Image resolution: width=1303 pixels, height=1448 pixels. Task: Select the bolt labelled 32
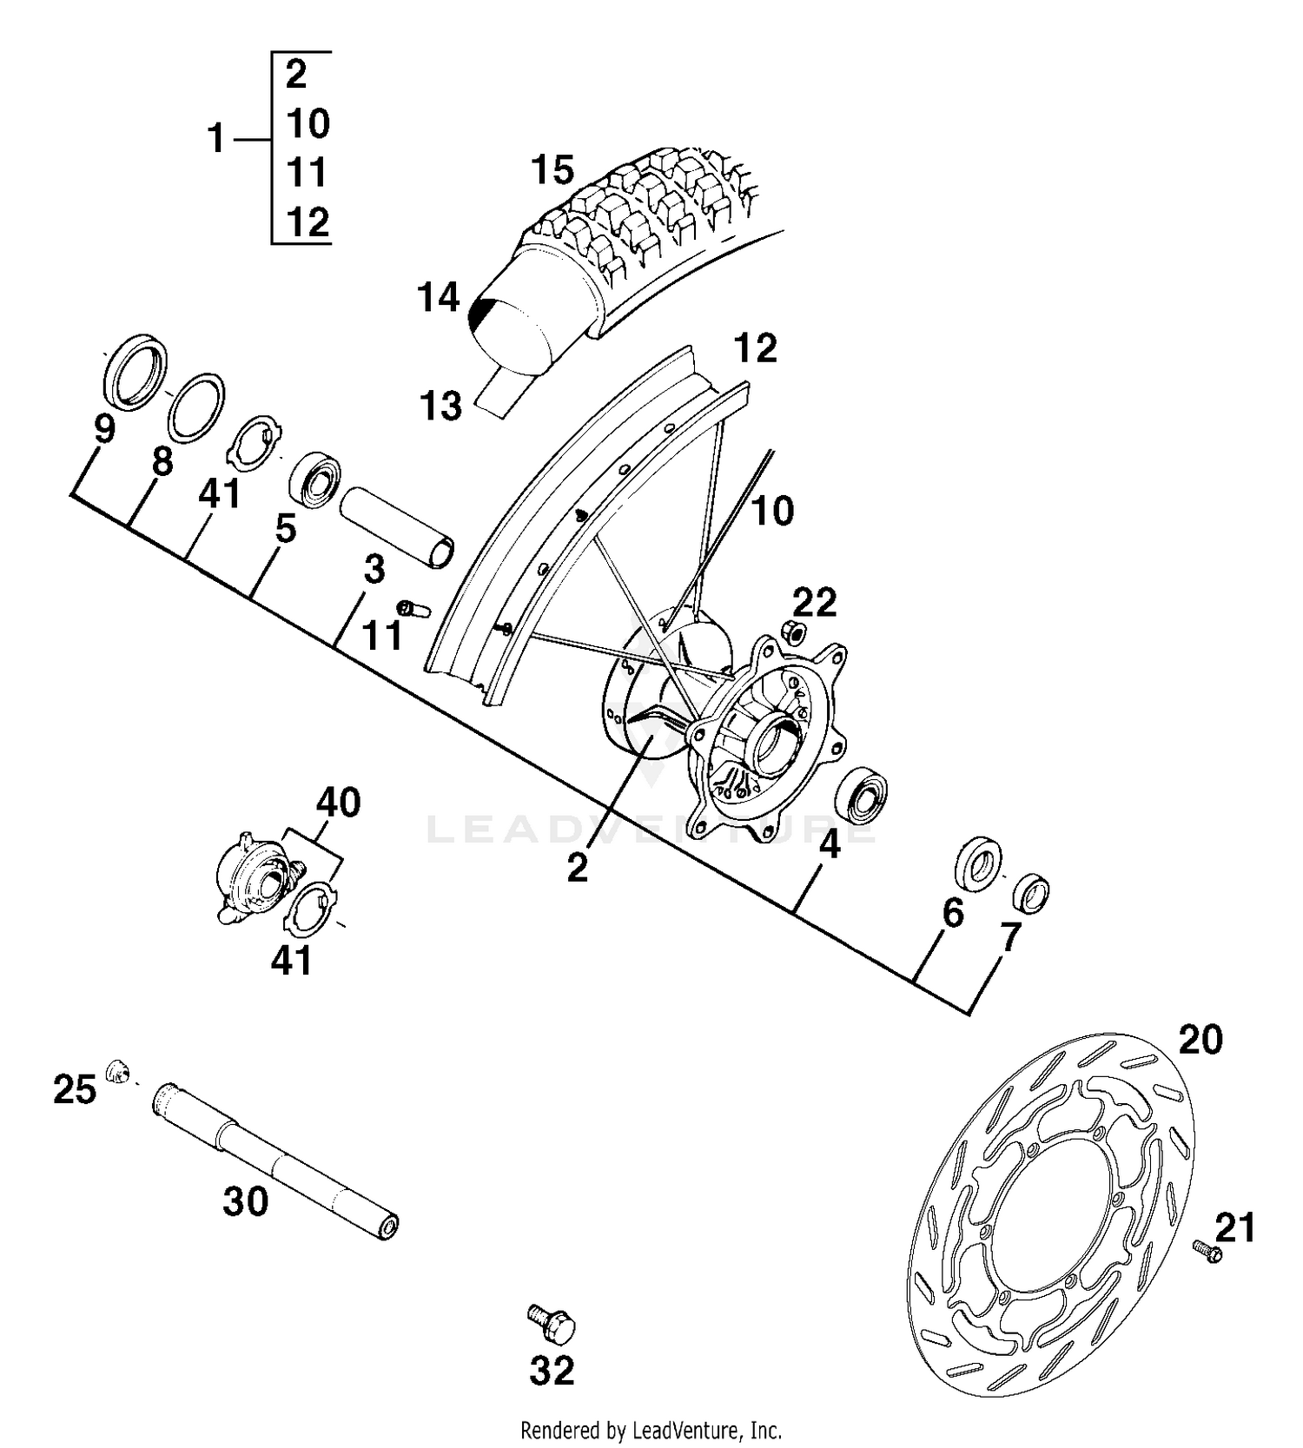(552, 1324)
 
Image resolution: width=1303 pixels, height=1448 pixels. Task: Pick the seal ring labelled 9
(136, 368)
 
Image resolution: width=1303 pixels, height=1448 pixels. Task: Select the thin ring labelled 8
(195, 407)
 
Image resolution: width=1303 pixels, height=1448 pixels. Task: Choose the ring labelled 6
(978, 862)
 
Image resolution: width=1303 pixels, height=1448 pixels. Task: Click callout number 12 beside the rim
(754, 349)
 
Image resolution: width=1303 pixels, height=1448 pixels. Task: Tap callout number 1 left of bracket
(216, 139)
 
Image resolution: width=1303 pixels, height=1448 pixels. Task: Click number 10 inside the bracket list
(308, 124)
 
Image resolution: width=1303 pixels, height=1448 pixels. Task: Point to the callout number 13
(440, 406)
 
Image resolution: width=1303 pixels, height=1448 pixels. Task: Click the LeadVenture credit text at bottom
(651, 1430)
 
